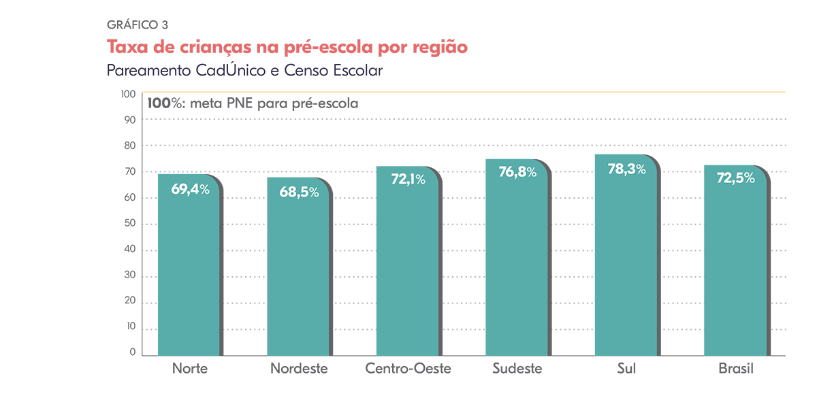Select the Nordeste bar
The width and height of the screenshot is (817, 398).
click(x=298, y=272)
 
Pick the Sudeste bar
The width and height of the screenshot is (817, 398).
click(x=516, y=272)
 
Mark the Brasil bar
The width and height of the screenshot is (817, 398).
click(x=735, y=272)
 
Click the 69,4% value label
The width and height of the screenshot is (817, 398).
click(x=190, y=190)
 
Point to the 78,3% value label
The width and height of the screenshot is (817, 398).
click(x=626, y=169)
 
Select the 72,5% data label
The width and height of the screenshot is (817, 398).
click(x=735, y=178)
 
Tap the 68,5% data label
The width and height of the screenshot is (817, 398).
click(x=299, y=192)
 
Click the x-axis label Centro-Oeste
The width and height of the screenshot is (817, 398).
click(x=408, y=369)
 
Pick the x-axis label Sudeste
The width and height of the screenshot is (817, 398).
click(x=517, y=369)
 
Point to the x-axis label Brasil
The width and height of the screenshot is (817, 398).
click(x=736, y=369)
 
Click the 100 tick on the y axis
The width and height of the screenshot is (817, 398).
click(x=129, y=94)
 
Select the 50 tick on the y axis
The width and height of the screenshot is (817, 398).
click(x=131, y=224)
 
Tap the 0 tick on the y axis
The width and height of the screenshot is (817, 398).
click(x=133, y=353)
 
